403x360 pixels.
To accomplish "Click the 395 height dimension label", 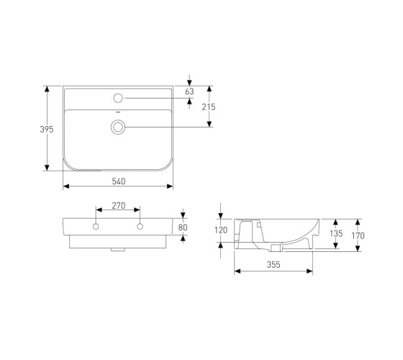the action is click(x=47, y=130).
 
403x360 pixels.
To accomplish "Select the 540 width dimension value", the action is click(x=119, y=181).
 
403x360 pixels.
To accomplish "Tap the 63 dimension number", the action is click(x=189, y=91).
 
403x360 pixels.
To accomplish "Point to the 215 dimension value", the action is click(x=209, y=107).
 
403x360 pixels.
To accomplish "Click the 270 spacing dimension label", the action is click(x=119, y=206).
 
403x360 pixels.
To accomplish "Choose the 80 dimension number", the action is click(x=183, y=228).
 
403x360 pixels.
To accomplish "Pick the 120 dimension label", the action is click(x=221, y=230).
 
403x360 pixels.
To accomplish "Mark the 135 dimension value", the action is click(x=336, y=233).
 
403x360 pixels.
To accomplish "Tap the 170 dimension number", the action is click(x=358, y=235).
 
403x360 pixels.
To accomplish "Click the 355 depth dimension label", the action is click(x=273, y=265).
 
